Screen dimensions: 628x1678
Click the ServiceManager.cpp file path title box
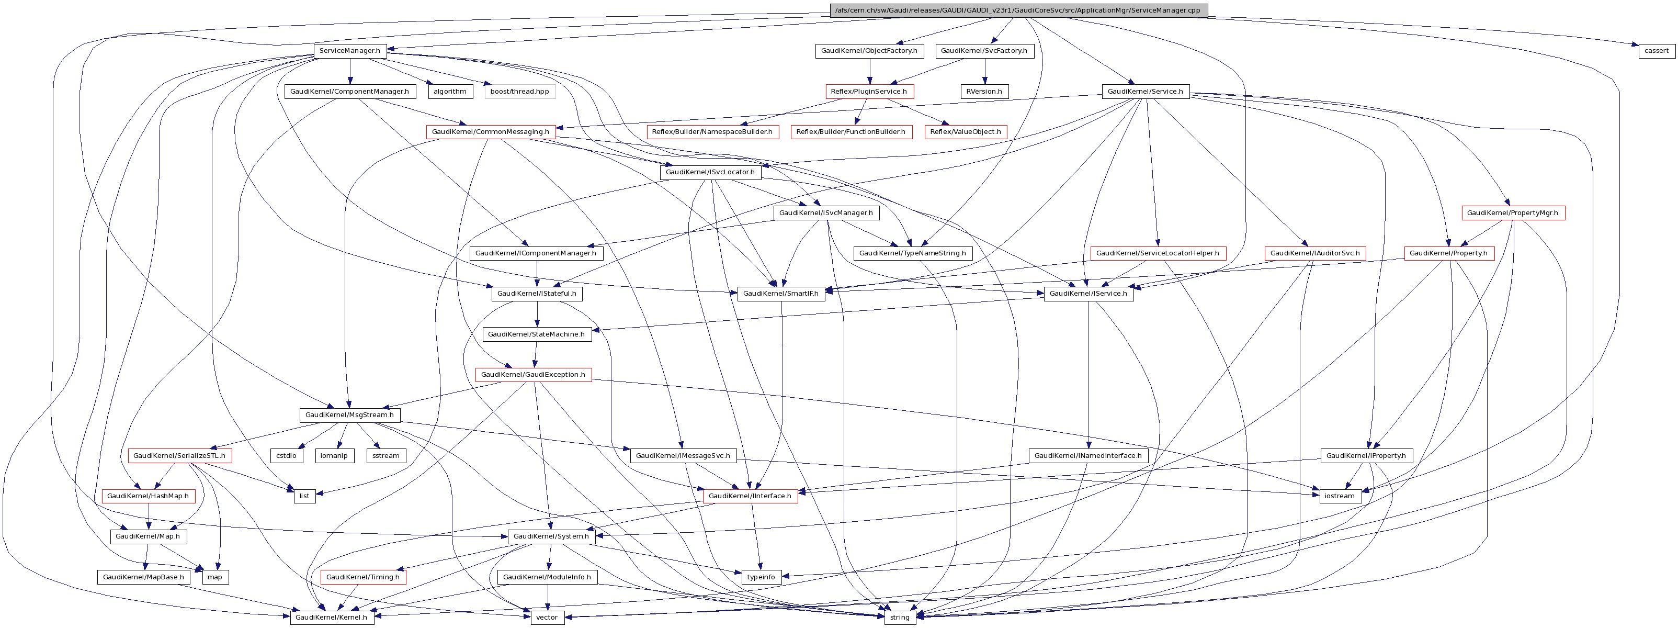click(x=1017, y=10)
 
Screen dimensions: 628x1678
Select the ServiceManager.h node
click(x=350, y=51)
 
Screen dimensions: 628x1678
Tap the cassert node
click(x=1656, y=51)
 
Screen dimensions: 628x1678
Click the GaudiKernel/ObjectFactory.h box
click(x=868, y=51)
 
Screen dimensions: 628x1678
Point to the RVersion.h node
click(x=984, y=91)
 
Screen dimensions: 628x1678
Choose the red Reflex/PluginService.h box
click(x=868, y=91)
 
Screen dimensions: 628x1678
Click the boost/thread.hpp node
click(x=519, y=91)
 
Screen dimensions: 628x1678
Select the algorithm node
click(x=449, y=91)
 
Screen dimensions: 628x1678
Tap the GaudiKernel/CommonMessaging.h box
click(x=491, y=131)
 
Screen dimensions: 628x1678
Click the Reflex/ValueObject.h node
click(x=966, y=131)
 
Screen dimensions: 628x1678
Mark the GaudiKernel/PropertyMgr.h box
click(x=1513, y=213)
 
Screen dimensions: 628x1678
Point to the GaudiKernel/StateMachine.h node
click(x=536, y=334)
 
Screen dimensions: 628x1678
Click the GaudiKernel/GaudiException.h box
click(x=533, y=375)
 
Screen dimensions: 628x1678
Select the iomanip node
click(x=334, y=455)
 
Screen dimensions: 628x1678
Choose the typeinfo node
click(x=761, y=577)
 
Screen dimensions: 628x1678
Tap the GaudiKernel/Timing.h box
click(x=363, y=577)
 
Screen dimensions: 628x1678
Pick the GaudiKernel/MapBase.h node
click(x=143, y=577)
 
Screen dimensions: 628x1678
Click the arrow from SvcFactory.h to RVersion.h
click(x=984, y=71)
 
